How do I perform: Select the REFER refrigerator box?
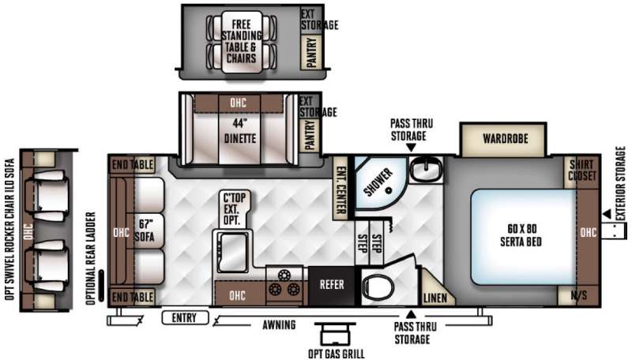click(x=332, y=285)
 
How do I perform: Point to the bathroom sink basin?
click(x=425, y=168)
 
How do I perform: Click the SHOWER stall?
click(x=379, y=182)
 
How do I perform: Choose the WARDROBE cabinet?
click(x=505, y=139)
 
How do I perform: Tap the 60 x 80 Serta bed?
click(x=523, y=237)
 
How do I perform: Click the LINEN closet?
click(x=436, y=293)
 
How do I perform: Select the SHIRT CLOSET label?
click(x=581, y=170)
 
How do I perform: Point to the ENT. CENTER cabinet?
click(x=340, y=189)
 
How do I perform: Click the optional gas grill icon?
click(x=335, y=333)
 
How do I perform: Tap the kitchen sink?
click(x=233, y=252)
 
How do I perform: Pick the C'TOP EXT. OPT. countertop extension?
click(x=235, y=208)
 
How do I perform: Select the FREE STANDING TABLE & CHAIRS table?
click(x=242, y=42)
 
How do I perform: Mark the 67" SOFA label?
click(x=145, y=230)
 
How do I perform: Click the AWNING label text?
click(x=279, y=324)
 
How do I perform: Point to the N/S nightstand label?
click(x=579, y=295)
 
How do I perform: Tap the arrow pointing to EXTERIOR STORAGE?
click(x=606, y=214)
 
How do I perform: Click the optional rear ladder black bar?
click(x=102, y=286)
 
